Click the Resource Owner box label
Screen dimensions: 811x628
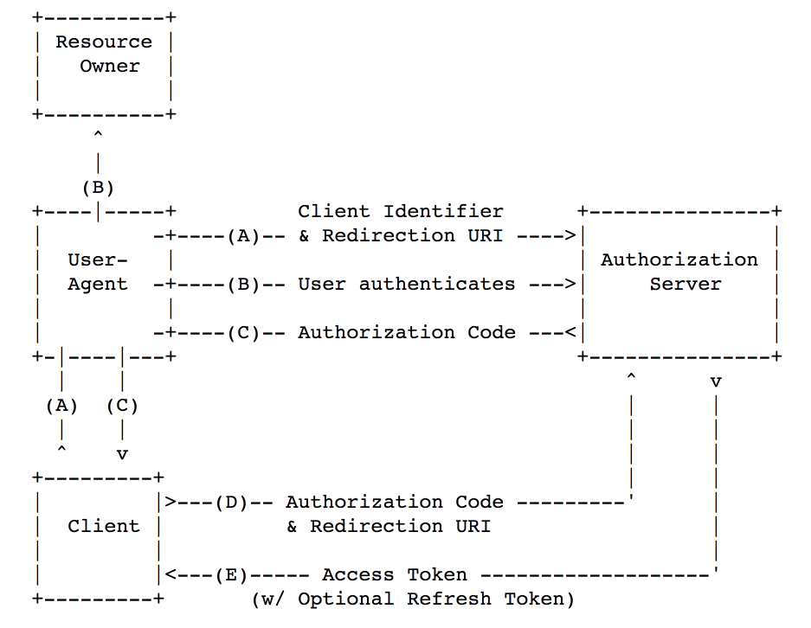(104, 54)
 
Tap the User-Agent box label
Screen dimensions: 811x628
(98, 272)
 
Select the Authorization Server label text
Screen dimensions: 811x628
(679, 272)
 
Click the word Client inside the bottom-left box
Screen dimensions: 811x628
(104, 526)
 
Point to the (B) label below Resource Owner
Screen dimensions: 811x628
(98, 188)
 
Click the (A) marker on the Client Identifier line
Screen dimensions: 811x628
(243, 236)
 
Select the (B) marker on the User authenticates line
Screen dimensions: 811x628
(243, 285)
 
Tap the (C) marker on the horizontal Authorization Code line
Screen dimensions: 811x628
(243, 333)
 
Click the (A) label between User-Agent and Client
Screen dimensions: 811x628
(61, 406)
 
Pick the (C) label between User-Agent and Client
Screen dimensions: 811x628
(122, 406)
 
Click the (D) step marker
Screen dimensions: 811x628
(231, 503)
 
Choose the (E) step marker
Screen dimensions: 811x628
(231, 575)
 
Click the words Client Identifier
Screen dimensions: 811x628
(401, 211)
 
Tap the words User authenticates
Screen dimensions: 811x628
(407, 285)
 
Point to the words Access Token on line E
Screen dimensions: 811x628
(394, 574)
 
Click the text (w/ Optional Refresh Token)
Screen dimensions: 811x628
(413, 599)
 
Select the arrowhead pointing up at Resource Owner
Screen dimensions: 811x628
(98, 135)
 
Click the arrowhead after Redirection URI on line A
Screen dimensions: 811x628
(570, 236)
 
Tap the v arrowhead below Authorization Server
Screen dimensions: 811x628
(716, 382)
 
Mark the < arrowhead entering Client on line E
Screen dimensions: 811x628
(171, 574)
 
